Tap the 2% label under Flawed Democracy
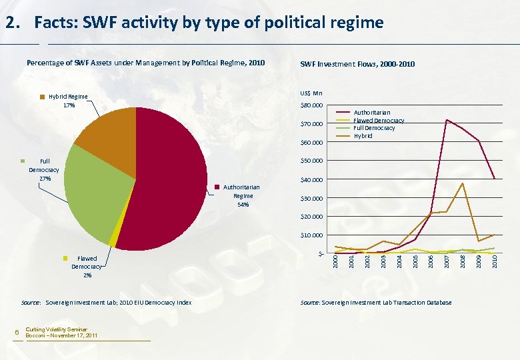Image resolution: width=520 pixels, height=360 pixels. point(87,275)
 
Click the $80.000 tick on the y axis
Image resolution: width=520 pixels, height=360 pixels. point(311,105)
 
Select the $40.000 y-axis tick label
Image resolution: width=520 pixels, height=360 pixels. point(311,180)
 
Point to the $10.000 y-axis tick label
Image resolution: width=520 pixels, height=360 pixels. point(311,235)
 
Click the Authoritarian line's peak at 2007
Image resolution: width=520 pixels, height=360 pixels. point(446,120)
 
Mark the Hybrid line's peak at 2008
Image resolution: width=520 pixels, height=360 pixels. point(462,183)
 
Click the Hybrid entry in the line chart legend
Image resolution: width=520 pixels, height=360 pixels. point(363,135)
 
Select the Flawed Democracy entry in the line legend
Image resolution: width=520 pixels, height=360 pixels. point(379,121)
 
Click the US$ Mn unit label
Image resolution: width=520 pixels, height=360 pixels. point(311,93)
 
